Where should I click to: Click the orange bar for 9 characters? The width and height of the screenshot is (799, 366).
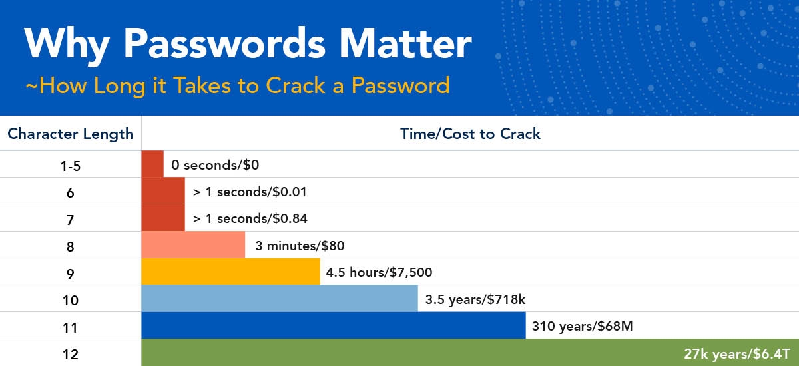tap(230, 272)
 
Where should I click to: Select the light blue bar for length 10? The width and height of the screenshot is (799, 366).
tap(280, 299)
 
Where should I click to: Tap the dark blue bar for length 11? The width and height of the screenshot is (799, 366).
tap(334, 325)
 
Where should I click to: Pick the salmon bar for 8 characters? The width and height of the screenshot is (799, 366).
tap(193, 244)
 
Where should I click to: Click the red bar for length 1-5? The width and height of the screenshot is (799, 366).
tap(152, 164)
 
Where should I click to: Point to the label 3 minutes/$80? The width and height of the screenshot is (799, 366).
tap(300, 246)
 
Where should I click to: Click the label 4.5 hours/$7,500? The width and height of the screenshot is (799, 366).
tap(379, 273)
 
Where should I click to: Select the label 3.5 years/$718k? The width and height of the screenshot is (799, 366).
tap(475, 299)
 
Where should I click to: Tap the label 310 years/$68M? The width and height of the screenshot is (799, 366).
tap(582, 326)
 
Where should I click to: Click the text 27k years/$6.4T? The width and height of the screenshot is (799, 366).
tap(737, 354)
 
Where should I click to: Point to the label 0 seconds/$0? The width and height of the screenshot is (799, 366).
tap(215, 165)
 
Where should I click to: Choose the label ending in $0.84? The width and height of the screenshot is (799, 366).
tap(250, 218)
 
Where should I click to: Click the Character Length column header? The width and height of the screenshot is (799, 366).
tap(71, 134)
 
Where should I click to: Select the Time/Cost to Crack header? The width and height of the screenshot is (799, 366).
tap(470, 134)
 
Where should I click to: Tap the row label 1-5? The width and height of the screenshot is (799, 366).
tap(71, 166)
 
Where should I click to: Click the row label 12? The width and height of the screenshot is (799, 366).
tap(71, 354)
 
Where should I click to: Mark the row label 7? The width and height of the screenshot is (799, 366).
tap(71, 220)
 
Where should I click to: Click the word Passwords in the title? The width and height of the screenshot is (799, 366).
tap(224, 43)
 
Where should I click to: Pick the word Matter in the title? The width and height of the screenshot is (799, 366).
tap(405, 43)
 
